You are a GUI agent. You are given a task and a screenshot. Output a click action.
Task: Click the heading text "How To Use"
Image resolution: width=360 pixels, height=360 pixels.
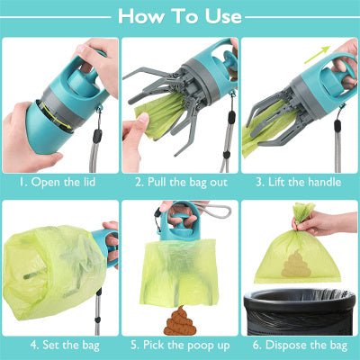tap(180, 15)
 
